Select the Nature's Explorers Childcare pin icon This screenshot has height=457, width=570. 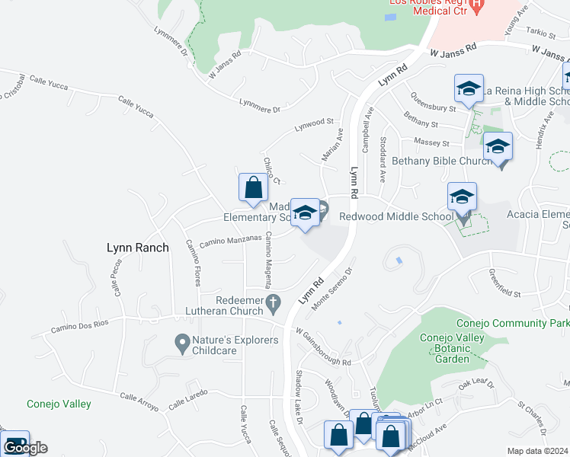182,345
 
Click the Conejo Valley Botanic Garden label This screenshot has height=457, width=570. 451,350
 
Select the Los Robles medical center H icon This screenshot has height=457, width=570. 477,7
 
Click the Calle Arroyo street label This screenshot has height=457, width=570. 139,401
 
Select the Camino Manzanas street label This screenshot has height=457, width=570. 230,241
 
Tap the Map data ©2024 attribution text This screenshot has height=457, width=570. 536,451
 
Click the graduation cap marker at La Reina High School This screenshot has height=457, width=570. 469,88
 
